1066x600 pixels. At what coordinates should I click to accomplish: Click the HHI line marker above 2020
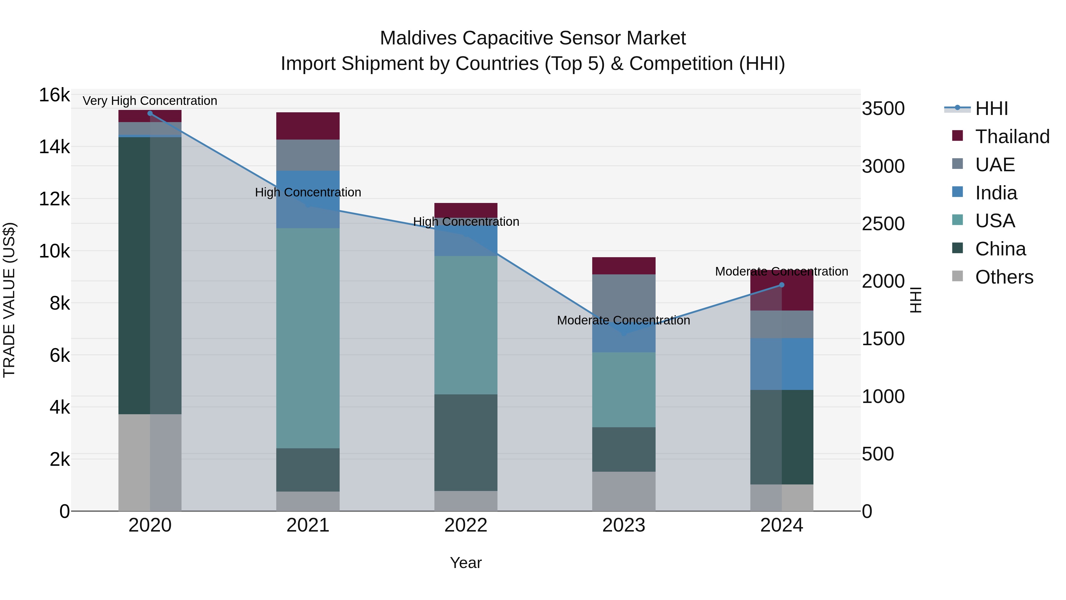click(x=150, y=113)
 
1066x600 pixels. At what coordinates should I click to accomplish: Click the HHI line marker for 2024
click(x=782, y=285)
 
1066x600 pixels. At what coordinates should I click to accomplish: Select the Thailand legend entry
click(x=1012, y=137)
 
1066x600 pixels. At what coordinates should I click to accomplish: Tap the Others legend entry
click(x=1004, y=277)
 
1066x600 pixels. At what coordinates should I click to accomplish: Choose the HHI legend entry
click(x=991, y=108)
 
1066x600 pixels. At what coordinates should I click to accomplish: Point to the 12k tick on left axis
click(x=54, y=199)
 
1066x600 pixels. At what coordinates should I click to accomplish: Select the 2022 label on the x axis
click(x=465, y=525)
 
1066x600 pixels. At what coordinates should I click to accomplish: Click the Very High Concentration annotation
click(x=150, y=101)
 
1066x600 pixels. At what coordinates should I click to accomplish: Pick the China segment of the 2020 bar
click(x=150, y=275)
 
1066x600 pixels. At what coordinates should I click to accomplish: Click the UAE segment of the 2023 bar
click(x=624, y=294)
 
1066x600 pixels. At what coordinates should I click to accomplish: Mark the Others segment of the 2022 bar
click(x=465, y=501)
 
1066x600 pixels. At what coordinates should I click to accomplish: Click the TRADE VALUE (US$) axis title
click(x=9, y=300)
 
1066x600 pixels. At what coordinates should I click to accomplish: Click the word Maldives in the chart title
click(x=418, y=39)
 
